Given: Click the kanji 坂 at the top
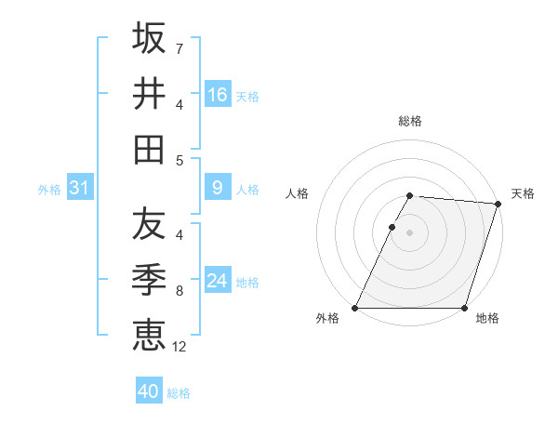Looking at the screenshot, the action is pos(149,38).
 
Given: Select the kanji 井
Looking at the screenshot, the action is pos(149,94).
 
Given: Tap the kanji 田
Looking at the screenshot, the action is pos(149,150).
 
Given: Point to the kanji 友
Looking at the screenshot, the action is pos(149,224).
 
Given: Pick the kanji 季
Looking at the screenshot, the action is pos(149,279).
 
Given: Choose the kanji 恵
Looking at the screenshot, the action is pos(149,335).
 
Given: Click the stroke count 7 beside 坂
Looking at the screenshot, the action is pos(179,47).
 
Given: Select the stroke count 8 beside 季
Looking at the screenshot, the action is pos(179,290).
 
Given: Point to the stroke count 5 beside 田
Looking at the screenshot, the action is pos(179,160).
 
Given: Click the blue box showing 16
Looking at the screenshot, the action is pos(218,95).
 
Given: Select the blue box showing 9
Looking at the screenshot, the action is pos(218,188).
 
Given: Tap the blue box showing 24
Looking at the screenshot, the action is pos(218,281).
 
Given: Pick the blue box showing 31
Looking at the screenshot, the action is pos(80,188).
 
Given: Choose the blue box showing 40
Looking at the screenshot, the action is pos(149,391).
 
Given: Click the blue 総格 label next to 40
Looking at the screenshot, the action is pos(179,393).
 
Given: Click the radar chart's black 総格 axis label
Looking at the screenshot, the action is pos(409,121).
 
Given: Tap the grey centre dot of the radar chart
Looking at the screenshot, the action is pos(409,232).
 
